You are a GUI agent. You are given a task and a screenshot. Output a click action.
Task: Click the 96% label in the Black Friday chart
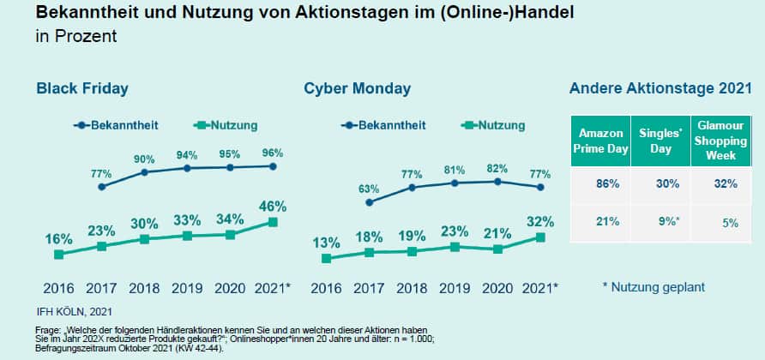click(273, 153)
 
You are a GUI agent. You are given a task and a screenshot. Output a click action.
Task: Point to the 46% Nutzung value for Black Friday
click(273, 206)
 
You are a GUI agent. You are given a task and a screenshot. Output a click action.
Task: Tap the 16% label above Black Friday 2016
click(58, 238)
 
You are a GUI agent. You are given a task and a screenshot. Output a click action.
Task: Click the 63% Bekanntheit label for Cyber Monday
click(369, 189)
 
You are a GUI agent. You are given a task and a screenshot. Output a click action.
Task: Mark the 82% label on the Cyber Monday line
click(497, 168)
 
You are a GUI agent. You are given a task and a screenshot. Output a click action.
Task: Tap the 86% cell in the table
click(600, 183)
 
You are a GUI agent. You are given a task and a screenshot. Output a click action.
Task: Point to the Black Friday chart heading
click(82, 88)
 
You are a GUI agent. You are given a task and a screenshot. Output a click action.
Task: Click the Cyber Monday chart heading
click(357, 88)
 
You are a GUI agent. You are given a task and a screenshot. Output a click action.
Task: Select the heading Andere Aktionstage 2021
click(660, 88)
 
